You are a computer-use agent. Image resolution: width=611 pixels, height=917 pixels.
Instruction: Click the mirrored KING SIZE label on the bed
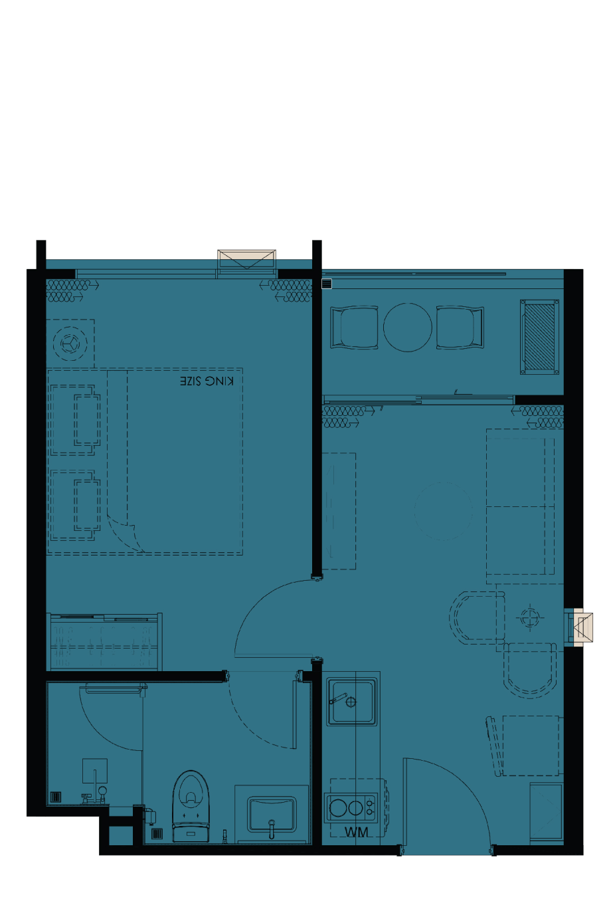tap(207, 381)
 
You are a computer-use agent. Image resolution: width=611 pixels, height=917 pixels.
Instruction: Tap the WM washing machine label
tap(356, 832)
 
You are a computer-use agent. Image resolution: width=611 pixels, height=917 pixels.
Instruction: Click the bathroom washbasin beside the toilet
tap(272, 814)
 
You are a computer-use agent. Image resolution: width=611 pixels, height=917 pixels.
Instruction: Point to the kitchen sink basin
tap(351, 702)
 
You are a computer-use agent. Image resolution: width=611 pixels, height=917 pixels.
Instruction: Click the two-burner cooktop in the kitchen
tap(350, 808)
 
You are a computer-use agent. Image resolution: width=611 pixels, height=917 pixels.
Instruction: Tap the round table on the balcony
tap(407, 327)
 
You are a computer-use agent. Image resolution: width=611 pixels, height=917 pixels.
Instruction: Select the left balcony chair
tap(355, 328)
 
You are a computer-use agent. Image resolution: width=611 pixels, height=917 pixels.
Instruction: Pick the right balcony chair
tap(460, 328)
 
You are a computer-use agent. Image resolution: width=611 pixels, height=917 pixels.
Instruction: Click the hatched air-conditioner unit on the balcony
tap(539, 336)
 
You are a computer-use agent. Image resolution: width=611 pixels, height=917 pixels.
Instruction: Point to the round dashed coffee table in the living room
tap(443, 511)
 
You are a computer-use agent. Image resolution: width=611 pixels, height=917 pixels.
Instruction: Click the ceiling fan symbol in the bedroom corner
tap(70, 344)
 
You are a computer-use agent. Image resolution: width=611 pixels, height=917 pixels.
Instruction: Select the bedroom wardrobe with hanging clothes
tap(105, 641)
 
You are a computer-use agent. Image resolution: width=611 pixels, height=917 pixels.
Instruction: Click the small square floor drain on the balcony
tap(327, 284)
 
